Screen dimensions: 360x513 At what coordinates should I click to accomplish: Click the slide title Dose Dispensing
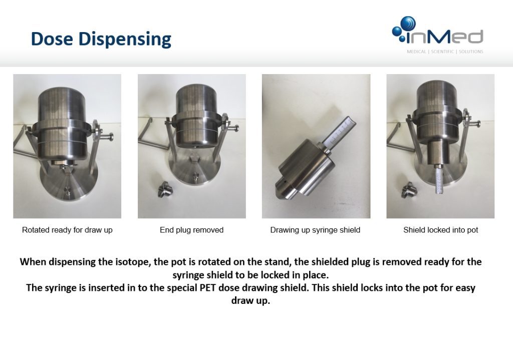click(x=101, y=39)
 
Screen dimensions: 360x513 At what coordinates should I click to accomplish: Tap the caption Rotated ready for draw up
click(x=67, y=230)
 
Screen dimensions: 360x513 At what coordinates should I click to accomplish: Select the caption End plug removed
click(x=191, y=230)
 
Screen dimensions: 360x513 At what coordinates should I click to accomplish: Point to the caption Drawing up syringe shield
click(x=315, y=230)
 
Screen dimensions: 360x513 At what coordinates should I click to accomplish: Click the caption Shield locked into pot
click(x=440, y=230)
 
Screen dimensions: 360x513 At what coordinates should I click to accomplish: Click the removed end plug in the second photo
click(x=162, y=189)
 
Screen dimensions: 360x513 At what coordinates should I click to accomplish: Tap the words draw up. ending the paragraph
click(x=250, y=301)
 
